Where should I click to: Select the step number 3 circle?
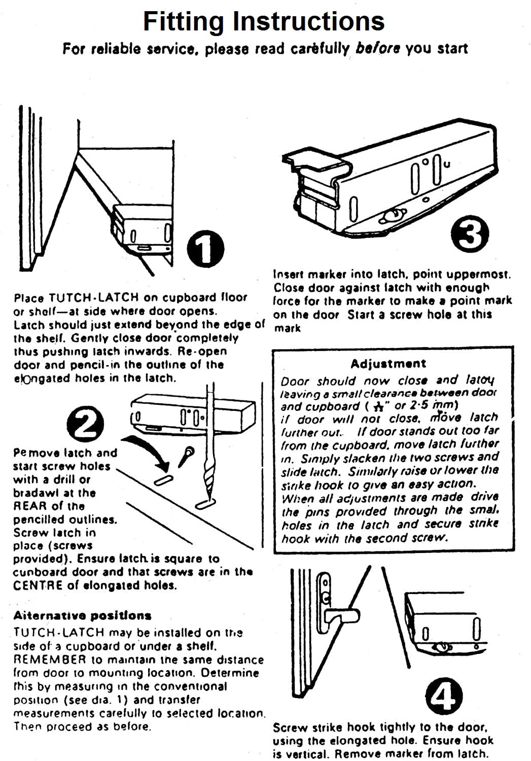[x=470, y=234]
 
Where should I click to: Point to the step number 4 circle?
[x=444, y=697]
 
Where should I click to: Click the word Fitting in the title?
[x=183, y=21]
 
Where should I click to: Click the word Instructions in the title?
[x=308, y=21]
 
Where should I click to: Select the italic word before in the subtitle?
[x=378, y=49]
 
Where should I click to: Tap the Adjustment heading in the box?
[x=388, y=363]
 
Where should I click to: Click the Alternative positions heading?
[x=82, y=615]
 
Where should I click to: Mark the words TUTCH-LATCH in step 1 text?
[x=84, y=298]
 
